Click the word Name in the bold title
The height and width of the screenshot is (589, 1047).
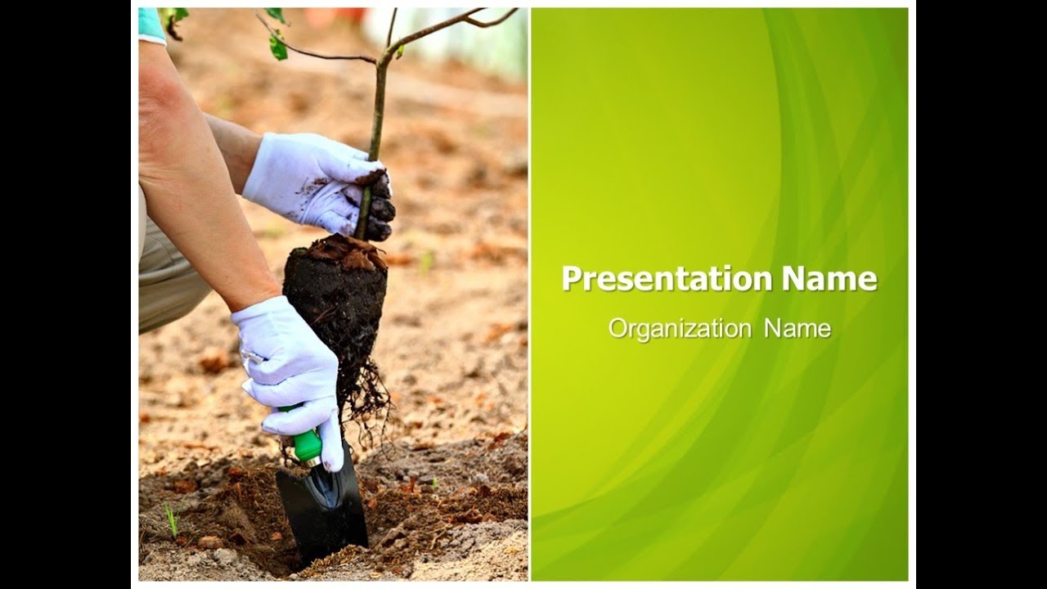tap(829, 279)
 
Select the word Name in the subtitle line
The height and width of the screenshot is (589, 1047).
tap(798, 329)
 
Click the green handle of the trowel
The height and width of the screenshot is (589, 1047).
tap(306, 443)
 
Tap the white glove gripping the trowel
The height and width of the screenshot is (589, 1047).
tap(288, 368)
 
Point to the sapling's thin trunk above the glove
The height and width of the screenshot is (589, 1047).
tap(378, 106)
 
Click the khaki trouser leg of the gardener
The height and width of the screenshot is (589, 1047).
tap(168, 278)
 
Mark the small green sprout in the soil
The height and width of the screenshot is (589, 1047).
tap(172, 519)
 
